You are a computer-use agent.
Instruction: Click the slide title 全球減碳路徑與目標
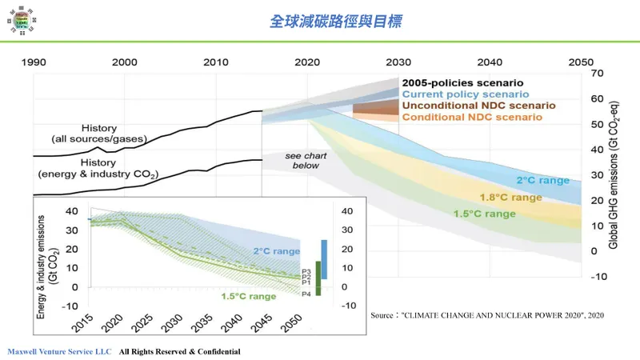[x=334, y=22]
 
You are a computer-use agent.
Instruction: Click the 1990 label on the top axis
[x=33, y=62]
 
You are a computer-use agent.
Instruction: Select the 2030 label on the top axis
[x=398, y=62]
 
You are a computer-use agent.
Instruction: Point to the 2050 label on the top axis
[x=580, y=62]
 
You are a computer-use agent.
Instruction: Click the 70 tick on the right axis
[x=595, y=74]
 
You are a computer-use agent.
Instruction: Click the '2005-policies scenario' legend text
[x=462, y=82]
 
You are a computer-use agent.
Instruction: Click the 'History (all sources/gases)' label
[x=98, y=134]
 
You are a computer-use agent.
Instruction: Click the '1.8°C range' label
[x=510, y=197]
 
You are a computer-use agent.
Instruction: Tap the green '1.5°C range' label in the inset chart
[x=250, y=296]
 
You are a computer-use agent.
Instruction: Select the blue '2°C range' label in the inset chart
[x=277, y=251]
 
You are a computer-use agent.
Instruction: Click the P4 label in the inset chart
[x=306, y=294]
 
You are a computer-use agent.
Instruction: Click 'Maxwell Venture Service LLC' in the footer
[x=59, y=351]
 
